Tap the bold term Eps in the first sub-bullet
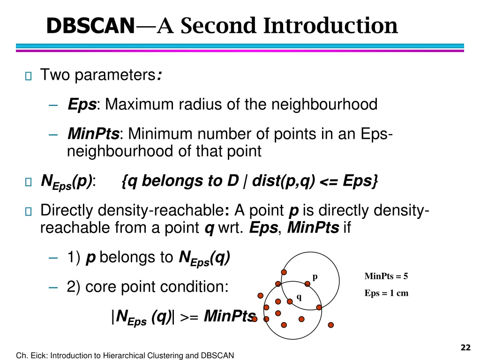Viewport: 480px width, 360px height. coord(82,104)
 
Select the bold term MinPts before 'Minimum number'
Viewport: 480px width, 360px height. coord(93,135)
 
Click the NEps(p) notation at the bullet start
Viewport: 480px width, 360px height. coord(67,181)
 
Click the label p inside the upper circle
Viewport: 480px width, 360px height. coord(315,277)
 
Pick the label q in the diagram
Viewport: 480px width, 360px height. coord(299,296)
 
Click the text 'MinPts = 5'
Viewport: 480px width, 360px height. coord(386,276)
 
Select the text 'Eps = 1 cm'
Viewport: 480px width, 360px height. coord(386,293)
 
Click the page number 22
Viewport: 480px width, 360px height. coord(465,347)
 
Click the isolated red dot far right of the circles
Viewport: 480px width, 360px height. coord(330,325)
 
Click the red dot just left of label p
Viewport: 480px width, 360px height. coord(307,284)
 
